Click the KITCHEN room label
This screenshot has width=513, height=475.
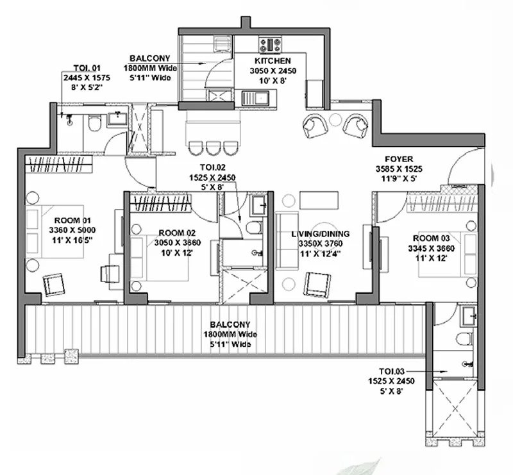click(273, 61)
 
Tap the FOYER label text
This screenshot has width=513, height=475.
click(399, 160)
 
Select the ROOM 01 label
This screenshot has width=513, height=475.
click(72, 221)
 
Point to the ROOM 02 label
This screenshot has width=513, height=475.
click(177, 233)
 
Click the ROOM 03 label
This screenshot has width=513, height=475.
click(431, 238)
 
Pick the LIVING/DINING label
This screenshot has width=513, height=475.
click(320, 234)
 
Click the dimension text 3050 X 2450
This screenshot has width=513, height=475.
click(273, 71)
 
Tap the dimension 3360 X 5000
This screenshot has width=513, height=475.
click(72, 230)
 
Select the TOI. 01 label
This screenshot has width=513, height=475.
click(87, 68)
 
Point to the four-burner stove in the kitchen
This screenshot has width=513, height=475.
click(270, 45)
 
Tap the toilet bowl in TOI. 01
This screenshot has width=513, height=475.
click(94, 124)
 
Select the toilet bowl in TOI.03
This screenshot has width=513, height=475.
click(466, 339)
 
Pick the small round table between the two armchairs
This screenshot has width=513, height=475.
click(335, 120)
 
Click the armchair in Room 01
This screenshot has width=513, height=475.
click(54, 284)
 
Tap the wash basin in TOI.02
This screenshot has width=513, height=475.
click(257, 205)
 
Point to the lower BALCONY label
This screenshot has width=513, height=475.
click(230, 325)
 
